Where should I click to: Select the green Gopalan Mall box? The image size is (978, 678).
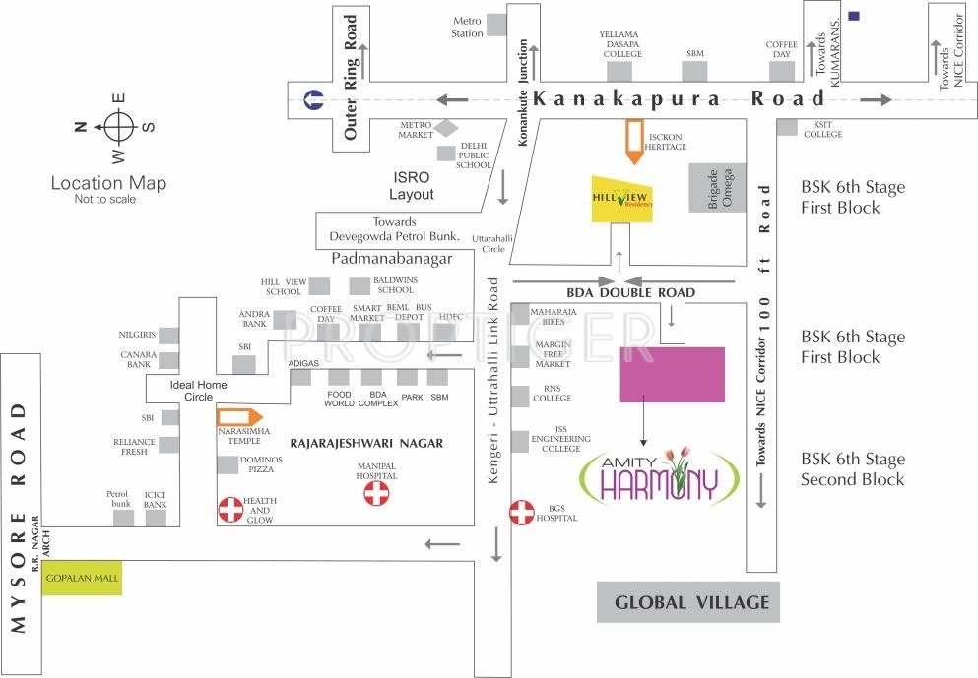[x=84, y=578]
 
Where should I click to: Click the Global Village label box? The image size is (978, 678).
[x=688, y=602]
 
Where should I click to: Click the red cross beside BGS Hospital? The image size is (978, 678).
[x=521, y=512]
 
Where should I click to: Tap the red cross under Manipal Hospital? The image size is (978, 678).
[x=376, y=494]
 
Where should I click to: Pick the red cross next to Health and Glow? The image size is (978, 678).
[x=229, y=509]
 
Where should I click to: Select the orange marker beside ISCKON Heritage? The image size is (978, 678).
[x=633, y=140]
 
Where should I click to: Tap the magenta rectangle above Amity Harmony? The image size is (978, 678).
[x=672, y=374]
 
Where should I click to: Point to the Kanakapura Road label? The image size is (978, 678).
[x=679, y=98]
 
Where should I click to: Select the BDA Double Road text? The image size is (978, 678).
[x=631, y=292]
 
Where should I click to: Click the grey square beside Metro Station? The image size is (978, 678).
[x=497, y=24]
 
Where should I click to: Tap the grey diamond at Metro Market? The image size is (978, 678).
[x=447, y=128]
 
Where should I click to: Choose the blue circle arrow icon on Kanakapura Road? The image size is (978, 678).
[x=314, y=98]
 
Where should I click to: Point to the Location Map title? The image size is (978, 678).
[x=108, y=183]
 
